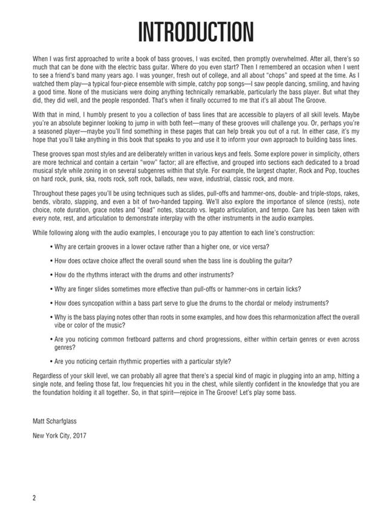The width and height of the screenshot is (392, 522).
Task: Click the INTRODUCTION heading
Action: point(196,31)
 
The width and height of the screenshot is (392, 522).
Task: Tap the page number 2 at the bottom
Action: point(35,497)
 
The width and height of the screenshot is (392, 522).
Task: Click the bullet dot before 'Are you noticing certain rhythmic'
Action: point(50,362)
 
